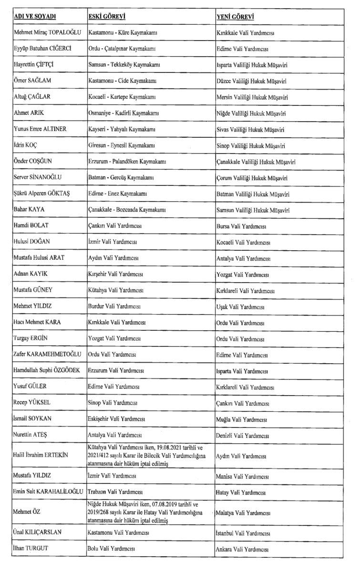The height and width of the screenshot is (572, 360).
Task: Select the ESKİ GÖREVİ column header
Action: pyautogui.click(x=107, y=17)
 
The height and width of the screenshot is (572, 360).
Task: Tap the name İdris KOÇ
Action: pyautogui.click(x=26, y=145)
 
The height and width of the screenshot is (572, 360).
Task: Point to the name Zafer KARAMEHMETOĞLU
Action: pyautogui.click(x=46, y=355)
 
